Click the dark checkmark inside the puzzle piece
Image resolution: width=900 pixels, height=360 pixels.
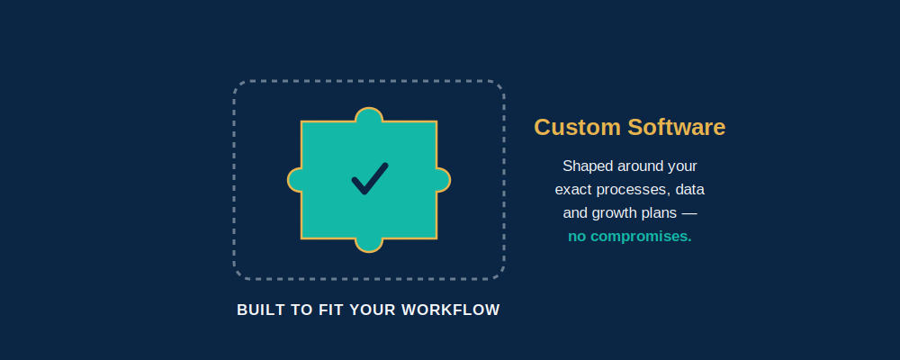point(369,179)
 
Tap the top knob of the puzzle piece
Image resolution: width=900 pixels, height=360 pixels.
point(369,114)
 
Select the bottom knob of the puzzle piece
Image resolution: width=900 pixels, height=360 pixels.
point(369,245)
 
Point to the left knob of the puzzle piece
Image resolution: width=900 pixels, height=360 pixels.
point(294,180)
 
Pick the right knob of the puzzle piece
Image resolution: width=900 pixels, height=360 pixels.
point(443,180)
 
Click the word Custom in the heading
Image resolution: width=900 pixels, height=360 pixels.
point(578,128)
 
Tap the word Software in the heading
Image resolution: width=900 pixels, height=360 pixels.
point(677,128)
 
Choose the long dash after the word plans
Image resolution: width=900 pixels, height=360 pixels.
point(688,213)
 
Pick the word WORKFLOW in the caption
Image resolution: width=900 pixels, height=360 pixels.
point(451,310)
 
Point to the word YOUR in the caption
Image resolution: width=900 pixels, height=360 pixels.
point(373,310)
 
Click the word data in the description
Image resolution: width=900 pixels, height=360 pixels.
point(690,190)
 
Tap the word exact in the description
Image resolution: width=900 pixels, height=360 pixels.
point(573,190)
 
